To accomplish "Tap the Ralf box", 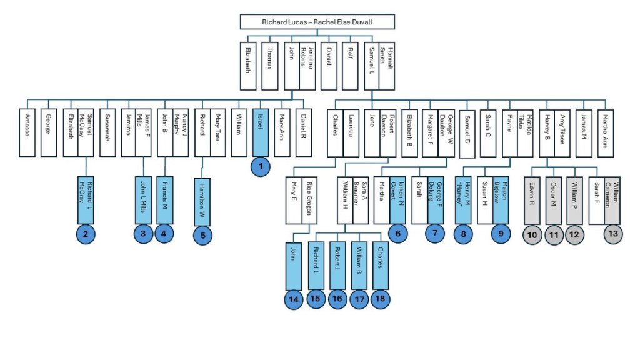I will click(350, 66).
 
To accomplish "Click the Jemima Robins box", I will click(307, 66).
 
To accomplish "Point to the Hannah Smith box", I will click(389, 66).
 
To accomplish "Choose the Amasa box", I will click(27, 133).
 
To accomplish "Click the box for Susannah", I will click(107, 133).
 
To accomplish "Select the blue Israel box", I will click(260, 133).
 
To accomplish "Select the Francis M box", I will click(164, 200).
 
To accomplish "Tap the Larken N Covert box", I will click(397, 200).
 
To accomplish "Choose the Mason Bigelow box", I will click(500, 200).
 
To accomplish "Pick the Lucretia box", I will click(351, 133).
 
